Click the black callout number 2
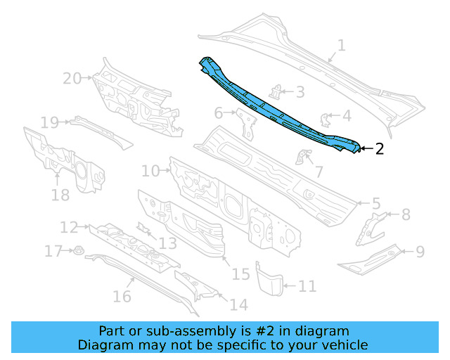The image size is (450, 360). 380,148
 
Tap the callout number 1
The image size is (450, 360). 341,46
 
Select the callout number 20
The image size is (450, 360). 72,78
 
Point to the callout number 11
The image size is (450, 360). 307,286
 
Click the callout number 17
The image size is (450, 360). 53,251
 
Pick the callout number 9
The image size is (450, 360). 420,252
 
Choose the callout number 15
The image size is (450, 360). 240,274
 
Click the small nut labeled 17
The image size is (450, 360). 78,251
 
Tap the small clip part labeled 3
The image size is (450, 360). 276,92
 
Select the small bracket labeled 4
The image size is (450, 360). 324,120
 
